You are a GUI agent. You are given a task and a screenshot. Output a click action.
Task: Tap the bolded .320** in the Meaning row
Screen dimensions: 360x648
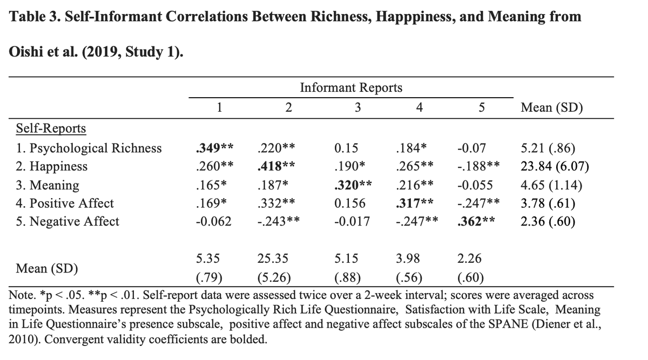click(353, 185)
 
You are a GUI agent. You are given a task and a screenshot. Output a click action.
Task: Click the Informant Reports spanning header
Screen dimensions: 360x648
click(350, 87)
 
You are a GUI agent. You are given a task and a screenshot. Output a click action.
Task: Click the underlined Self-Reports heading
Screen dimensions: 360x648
click(51, 128)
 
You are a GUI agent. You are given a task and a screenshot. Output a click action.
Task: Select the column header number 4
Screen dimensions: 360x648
click(419, 107)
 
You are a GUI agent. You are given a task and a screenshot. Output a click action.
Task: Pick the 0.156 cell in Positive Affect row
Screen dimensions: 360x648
click(350, 203)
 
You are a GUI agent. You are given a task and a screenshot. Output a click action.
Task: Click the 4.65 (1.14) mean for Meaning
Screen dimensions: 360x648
click(551, 185)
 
